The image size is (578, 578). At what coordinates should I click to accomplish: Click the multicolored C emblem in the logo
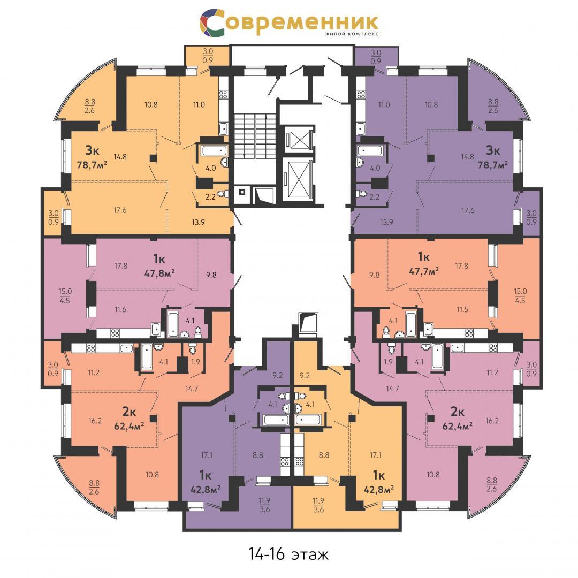(x=212, y=23)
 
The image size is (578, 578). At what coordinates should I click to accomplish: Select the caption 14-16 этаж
(x=288, y=554)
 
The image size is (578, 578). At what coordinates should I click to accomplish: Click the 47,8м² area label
(x=158, y=273)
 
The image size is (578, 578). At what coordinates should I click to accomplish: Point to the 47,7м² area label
(x=424, y=271)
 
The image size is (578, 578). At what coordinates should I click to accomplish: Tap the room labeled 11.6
(x=120, y=309)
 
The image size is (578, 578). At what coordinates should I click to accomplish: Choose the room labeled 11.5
(x=462, y=309)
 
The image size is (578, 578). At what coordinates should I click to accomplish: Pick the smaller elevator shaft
(x=299, y=139)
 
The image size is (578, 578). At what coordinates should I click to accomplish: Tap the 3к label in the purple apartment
(x=493, y=150)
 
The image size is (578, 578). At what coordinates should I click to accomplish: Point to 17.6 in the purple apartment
(x=468, y=210)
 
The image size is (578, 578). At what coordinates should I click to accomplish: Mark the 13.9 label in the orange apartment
(x=199, y=222)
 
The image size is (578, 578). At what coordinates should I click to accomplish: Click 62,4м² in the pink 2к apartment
(x=458, y=427)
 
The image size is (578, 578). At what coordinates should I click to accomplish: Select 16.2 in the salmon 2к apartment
(x=95, y=421)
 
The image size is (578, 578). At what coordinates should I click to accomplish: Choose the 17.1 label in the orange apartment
(x=376, y=455)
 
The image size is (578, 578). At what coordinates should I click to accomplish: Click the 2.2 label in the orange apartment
(x=210, y=197)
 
